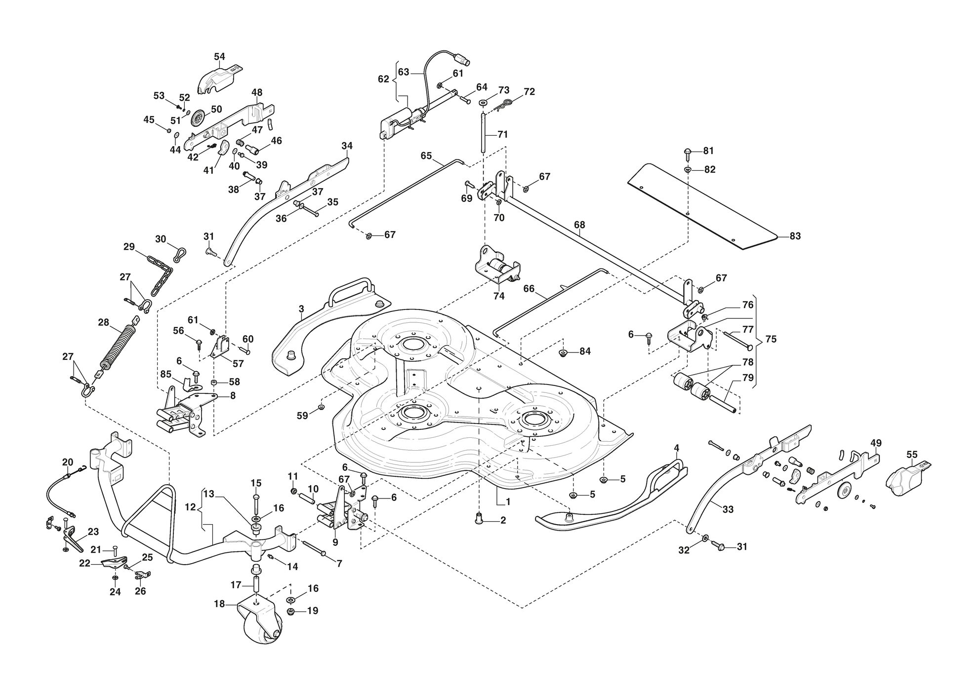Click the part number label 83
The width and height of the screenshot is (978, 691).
(x=795, y=236)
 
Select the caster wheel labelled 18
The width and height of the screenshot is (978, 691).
(x=260, y=621)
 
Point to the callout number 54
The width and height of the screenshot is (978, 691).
(x=220, y=57)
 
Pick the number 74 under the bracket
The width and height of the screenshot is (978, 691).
(x=499, y=296)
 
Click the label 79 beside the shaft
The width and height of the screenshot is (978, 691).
(x=748, y=378)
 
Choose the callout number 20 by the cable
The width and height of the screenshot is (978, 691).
(x=68, y=462)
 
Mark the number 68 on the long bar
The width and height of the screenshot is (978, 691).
(x=579, y=225)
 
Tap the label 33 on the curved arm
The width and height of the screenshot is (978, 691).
(x=728, y=510)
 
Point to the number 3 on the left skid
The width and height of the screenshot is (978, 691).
(x=301, y=309)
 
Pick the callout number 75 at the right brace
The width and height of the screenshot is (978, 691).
(x=771, y=339)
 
